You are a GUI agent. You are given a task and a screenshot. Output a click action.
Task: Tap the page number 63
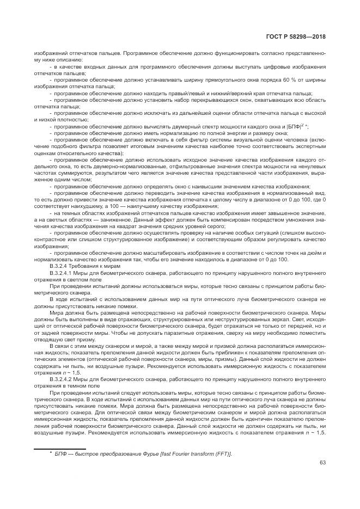coord(322,463)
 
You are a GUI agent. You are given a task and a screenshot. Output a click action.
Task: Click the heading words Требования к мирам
coord(93,265)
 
